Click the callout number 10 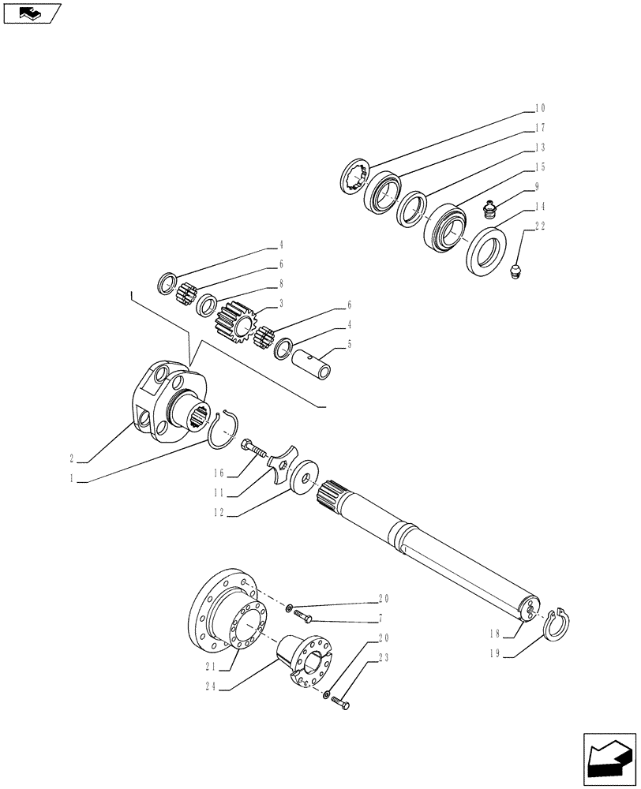coord(540,108)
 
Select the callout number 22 coord(540,226)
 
